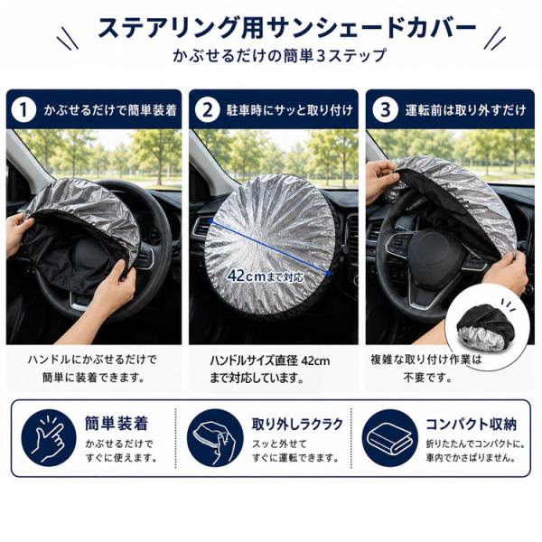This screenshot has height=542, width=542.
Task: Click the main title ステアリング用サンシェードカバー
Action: click(287, 29)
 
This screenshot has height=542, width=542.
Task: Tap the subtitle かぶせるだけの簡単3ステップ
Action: click(279, 56)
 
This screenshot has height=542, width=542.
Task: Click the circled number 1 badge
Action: click(23, 110)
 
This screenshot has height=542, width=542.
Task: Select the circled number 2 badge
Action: click(207, 110)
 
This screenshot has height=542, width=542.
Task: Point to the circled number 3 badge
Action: click(385, 110)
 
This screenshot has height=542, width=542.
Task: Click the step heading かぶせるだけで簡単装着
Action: click(110, 110)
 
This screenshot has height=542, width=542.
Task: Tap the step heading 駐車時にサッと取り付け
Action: click(290, 110)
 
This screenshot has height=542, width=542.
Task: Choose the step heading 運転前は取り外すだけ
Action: click(465, 110)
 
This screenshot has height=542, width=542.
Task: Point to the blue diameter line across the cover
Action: click(270, 248)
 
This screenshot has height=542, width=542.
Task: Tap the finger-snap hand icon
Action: click(49, 438)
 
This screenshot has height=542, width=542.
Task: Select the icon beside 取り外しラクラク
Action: click(215, 438)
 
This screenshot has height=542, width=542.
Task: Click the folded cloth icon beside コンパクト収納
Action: click(389, 438)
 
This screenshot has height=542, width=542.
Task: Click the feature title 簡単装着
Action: click(117, 424)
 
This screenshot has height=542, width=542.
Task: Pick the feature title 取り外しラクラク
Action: click(297, 424)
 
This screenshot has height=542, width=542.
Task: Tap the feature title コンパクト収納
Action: click(472, 424)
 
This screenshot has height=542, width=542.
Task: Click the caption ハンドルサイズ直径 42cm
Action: click(270, 360)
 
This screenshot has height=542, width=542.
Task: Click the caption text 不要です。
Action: click(427, 378)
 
